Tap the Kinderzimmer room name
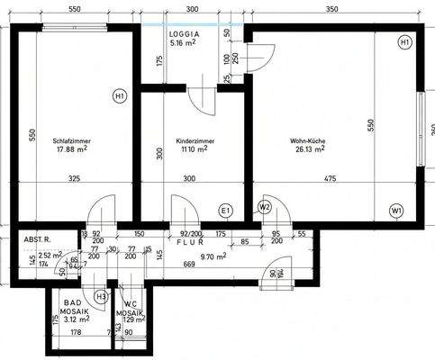point(195,141)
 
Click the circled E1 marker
point(227,211)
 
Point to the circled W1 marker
point(397,211)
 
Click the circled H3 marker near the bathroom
point(101,295)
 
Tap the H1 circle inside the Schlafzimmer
point(120,95)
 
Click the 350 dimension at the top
point(331,8)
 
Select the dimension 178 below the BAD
point(76,333)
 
